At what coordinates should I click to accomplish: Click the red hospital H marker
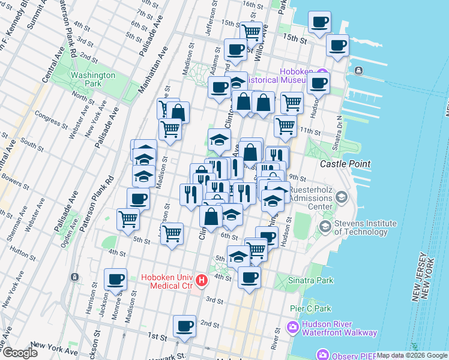202,280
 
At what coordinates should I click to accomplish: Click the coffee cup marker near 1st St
184,326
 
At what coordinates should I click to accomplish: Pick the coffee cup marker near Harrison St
115,278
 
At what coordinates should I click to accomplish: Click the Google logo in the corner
19,353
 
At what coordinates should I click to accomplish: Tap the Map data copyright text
412,356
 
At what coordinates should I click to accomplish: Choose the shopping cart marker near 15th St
251,32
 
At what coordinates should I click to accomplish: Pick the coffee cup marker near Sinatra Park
249,277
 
